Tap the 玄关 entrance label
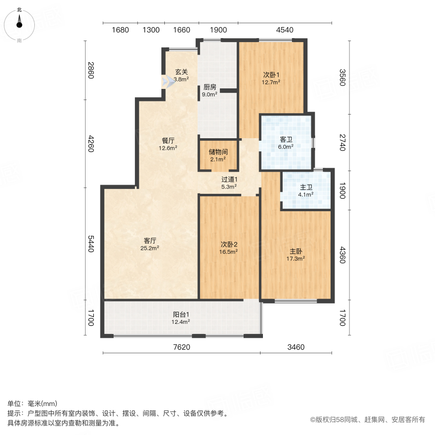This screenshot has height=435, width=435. [181, 73]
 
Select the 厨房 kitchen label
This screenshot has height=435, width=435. [209, 87]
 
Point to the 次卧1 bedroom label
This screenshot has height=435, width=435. [271, 75]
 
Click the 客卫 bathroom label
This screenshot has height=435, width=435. [286, 140]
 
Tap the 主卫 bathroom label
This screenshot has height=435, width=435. [305, 188]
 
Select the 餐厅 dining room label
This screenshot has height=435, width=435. [168, 141]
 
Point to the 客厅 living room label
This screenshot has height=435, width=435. [150, 240]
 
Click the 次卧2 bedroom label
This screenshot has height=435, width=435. [229, 251]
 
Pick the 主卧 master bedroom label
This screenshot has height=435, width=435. [296, 251]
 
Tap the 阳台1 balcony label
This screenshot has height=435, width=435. [181, 314]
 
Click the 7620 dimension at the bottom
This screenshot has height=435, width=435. [181, 347]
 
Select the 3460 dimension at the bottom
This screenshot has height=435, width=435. [296, 347]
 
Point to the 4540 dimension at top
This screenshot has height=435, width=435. [285, 30]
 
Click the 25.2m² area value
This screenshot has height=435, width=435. [150, 248]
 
